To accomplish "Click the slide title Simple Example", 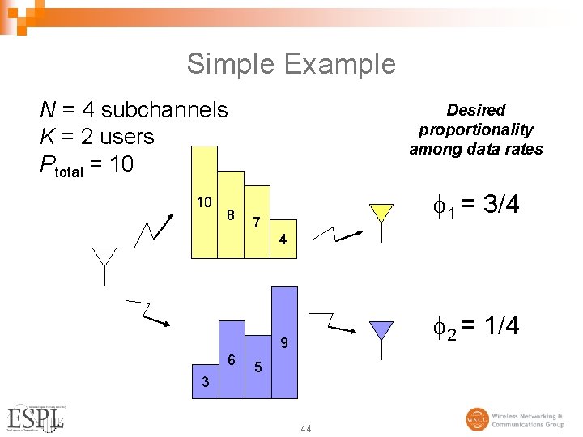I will point(291,63).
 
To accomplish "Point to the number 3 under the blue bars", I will point(206,381).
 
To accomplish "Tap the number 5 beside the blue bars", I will point(257,367).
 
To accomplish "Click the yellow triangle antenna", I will point(381,213).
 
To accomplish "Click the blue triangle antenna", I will point(381,330).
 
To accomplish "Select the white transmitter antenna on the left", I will point(104,258).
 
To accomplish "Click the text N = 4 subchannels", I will point(134,109).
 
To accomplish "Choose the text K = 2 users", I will point(97,137).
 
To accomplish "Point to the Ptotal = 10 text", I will point(86,165).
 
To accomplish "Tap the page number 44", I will point(305,428).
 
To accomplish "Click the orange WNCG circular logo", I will point(477,419).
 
